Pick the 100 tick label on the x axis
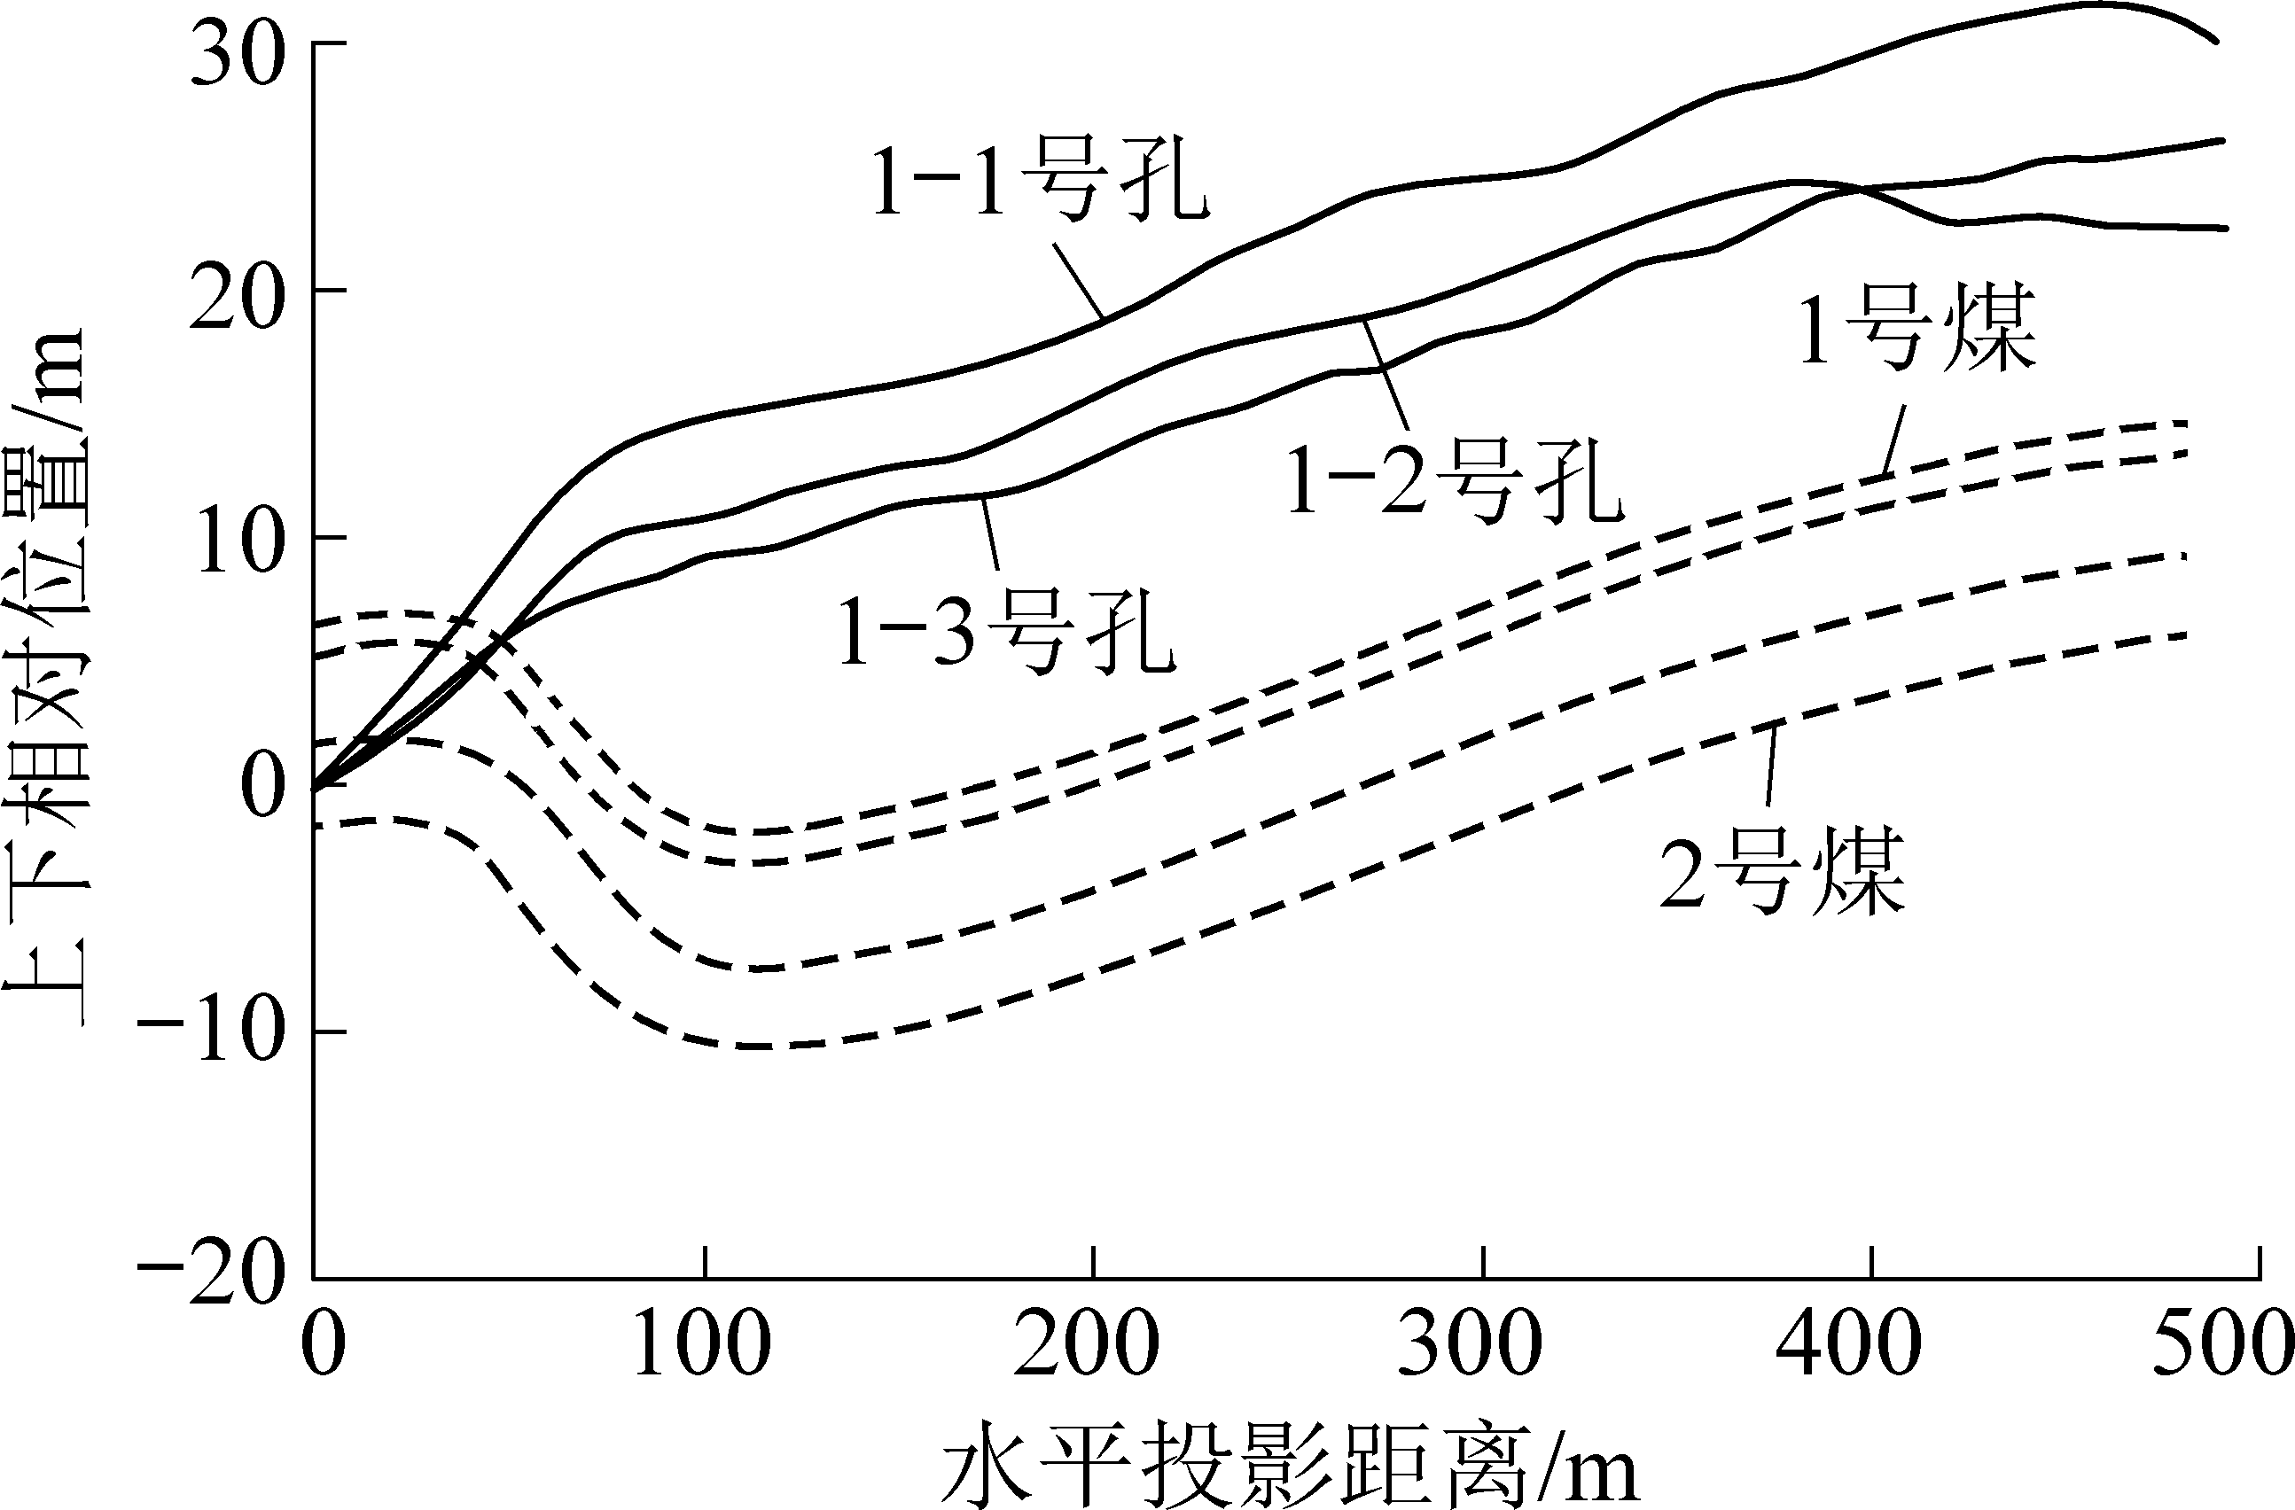point(703,1343)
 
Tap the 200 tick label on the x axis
point(1087,1343)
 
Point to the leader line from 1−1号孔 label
point(1078,280)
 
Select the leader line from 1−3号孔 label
point(991,540)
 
